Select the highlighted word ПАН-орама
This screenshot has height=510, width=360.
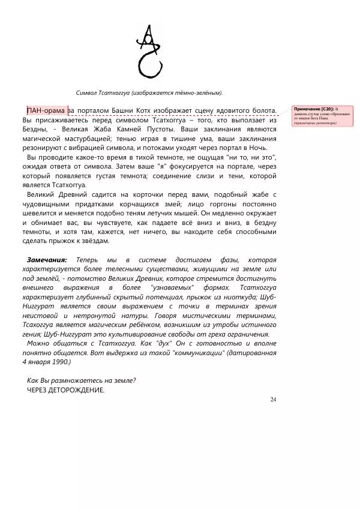point(46,110)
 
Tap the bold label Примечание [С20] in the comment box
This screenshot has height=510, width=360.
point(313,109)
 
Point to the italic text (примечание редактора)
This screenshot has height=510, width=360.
point(315,123)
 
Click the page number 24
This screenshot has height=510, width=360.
point(273,400)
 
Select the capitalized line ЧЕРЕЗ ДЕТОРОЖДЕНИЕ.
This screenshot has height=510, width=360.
point(66,390)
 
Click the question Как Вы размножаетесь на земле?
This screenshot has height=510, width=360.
point(82,380)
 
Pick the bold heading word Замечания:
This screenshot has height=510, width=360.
point(47,259)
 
